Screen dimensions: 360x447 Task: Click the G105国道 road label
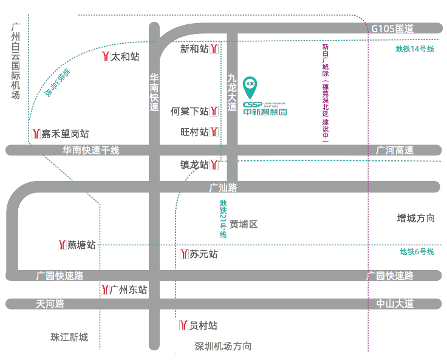[x=392, y=29]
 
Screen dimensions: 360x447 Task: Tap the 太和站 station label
[x=125, y=56]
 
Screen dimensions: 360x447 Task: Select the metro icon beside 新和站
[x=214, y=49]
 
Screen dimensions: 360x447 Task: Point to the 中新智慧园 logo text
[x=265, y=112]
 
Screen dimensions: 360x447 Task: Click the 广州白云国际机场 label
[x=16, y=61]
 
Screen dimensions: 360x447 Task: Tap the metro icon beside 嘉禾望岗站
[x=36, y=134]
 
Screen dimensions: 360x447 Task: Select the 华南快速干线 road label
[x=90, y=150]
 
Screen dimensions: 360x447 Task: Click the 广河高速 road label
[x=395, y=150]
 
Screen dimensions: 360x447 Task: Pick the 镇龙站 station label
[x=194, y=165]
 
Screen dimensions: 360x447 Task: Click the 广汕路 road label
[x=223, y=187]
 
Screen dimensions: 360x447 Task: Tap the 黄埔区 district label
[x=244, y=224]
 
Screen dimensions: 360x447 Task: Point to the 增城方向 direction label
[x=416, y=218]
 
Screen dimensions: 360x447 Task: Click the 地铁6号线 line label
[x=417, y=252]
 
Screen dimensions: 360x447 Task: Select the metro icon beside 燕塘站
[x=61, y=245]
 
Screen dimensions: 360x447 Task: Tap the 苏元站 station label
[x=203, y=254]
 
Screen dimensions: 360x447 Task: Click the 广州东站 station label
[x=128, y=290]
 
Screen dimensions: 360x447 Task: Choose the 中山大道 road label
[x=395, y=304]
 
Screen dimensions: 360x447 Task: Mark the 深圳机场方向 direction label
[x=223, y=346]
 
